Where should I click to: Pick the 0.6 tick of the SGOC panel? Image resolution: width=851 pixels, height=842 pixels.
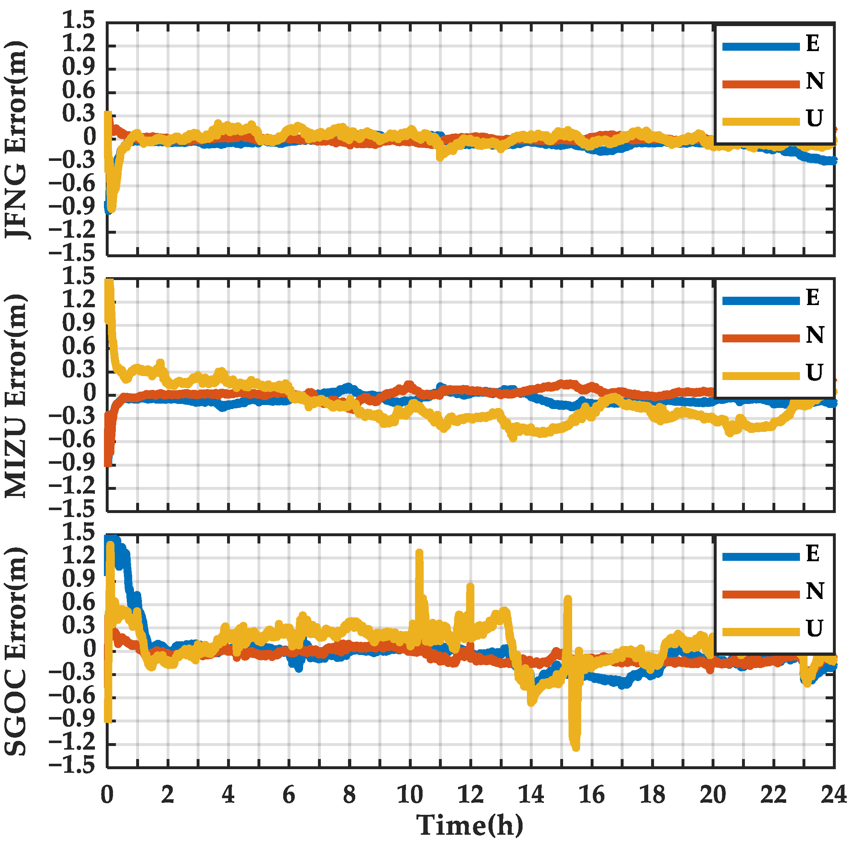(79, 602)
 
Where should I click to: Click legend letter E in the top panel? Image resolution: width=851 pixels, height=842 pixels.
(813, 44)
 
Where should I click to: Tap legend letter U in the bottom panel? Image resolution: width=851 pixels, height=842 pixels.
(814, 628)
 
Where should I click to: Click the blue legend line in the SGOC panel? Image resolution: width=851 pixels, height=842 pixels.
(761, 557)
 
